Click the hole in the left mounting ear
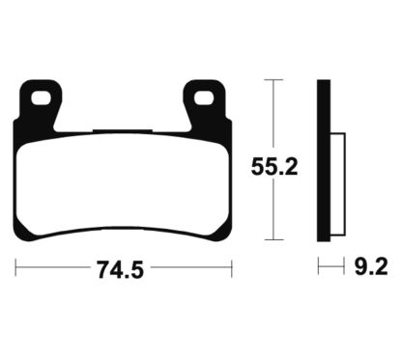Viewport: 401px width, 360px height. coord(41,97)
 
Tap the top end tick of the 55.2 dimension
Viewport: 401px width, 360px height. coord(275,80)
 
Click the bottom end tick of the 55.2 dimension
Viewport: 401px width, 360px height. coord(275,238)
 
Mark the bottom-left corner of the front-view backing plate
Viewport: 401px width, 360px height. coord(21,235)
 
